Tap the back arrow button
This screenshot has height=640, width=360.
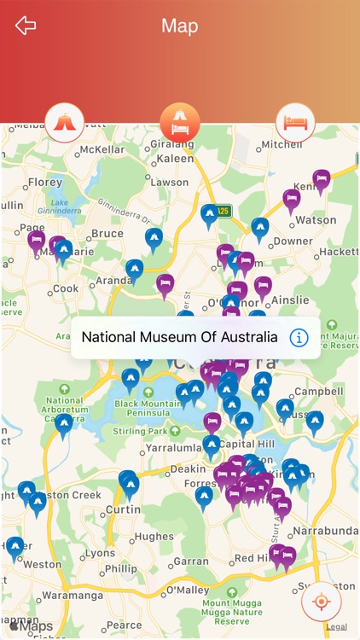(x=26, y=26)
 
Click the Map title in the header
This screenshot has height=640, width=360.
(x=179, y=26)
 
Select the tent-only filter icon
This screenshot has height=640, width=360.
(x=65, y=122)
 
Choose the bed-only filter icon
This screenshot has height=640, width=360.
(x=295, y=122)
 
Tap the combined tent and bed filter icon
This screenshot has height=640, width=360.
(x=180, y=122)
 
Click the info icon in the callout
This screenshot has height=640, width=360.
(x=299, y=337)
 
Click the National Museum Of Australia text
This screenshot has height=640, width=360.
(x=179, y=337)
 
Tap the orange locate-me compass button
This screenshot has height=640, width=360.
(x=321, y=602)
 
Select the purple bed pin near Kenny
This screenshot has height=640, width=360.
(x=322, y=180)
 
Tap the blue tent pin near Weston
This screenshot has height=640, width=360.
(x=15, y=546)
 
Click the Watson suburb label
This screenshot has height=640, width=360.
(x=316, y=219)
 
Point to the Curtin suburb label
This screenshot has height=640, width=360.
(x=122, y=509)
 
